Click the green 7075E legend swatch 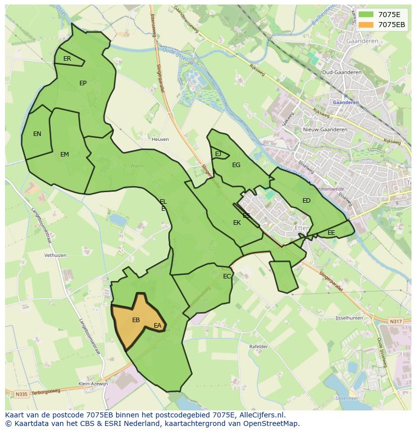tap(366, 15)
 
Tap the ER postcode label tap(67, 59)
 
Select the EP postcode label tap(83, 83)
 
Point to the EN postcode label tap(37, 134)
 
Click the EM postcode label tap(64, 155)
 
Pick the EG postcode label tap(236, 165)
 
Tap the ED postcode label tap(306, 201)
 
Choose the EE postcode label tap(331, 233)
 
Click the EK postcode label tap(237, 223)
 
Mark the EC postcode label tap(227, 276)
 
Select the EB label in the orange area tap(136, 320)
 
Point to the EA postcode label tap(158, 326)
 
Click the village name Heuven tap(160, 139)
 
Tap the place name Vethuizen tap(55, 255)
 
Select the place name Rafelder tap(259, 347)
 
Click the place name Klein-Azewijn tap(93, 384)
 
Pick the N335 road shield tap(21, 394)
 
